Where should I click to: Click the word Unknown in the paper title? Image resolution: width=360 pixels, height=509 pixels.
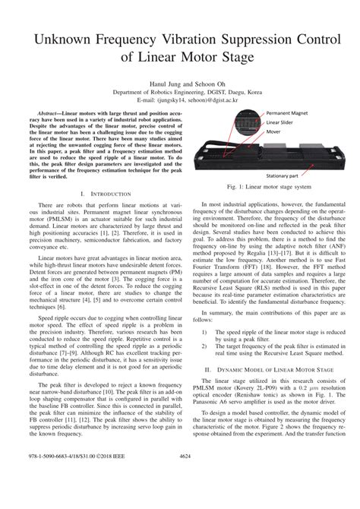57,36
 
